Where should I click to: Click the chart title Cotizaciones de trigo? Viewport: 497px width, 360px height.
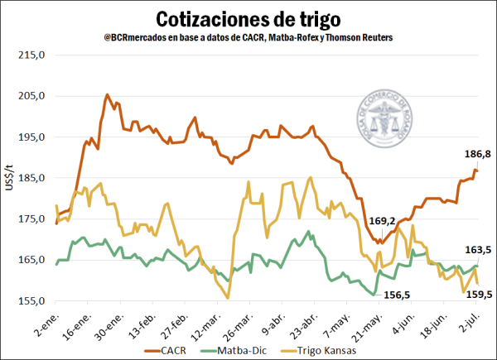click(248, 19)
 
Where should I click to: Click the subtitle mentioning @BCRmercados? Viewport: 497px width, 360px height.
click(248, 38)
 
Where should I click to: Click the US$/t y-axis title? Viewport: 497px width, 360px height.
click(9, 179)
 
